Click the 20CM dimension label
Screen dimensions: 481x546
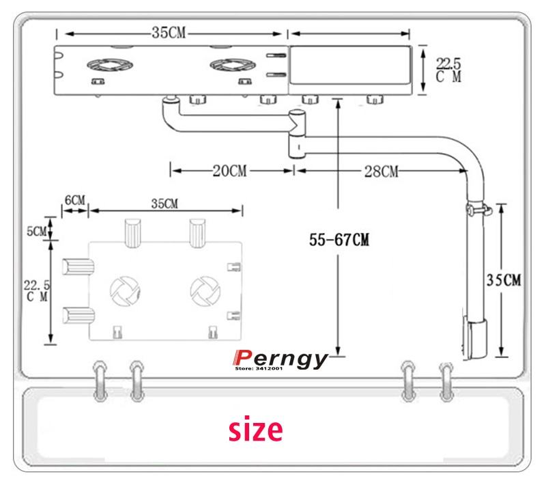[x=229, y=171]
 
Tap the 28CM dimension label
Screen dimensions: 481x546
[x=380, y=171]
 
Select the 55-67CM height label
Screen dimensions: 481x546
[x=339, y=240]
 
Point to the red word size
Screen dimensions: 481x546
[x=255, y=430]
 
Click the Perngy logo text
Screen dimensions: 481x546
[x=281, y=359]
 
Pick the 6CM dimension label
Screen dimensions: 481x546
[x=75, y=200]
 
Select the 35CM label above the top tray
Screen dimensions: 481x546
[x=169, y=32]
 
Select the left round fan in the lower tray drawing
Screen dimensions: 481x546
[x=125, y=291]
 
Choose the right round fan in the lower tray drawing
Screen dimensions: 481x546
[x=204, y=290]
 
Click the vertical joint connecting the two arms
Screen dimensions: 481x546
[x=298, y=133]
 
